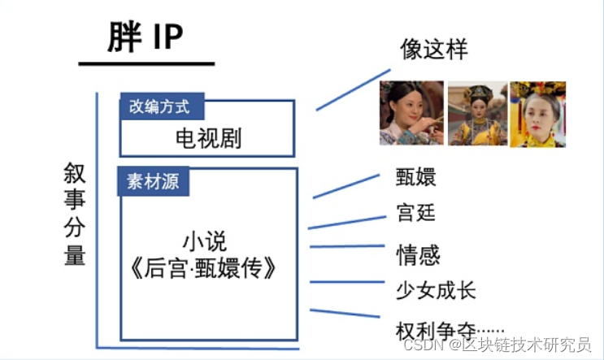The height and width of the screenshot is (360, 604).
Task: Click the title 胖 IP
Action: pos(146,38)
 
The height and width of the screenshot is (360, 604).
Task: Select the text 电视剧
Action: pos(208,137)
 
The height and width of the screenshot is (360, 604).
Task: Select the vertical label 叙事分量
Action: pos(75,214)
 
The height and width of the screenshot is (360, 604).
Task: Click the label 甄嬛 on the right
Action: pos(416,178)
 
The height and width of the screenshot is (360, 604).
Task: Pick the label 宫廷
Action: pos(416,213)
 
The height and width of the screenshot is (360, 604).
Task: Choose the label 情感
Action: pos(418,254)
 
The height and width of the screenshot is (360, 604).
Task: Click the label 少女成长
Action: pos(435,290)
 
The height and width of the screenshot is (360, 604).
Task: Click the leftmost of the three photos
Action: pos(411,112)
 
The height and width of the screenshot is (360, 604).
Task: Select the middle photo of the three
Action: pos(476,112)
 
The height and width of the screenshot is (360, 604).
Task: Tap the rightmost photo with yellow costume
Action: pos(537,112)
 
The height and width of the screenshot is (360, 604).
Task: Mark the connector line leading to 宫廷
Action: pos(345,223)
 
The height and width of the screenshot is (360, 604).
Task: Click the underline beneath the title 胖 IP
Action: pos(146,63)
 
